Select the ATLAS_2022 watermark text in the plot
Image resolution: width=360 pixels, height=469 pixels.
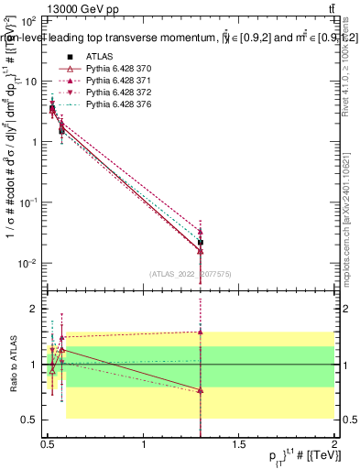click(x=191, y=273)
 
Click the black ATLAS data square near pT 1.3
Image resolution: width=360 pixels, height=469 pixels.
click(x=201, y=243)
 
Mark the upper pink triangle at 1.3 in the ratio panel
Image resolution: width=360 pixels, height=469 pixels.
click(x=201, y=332)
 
